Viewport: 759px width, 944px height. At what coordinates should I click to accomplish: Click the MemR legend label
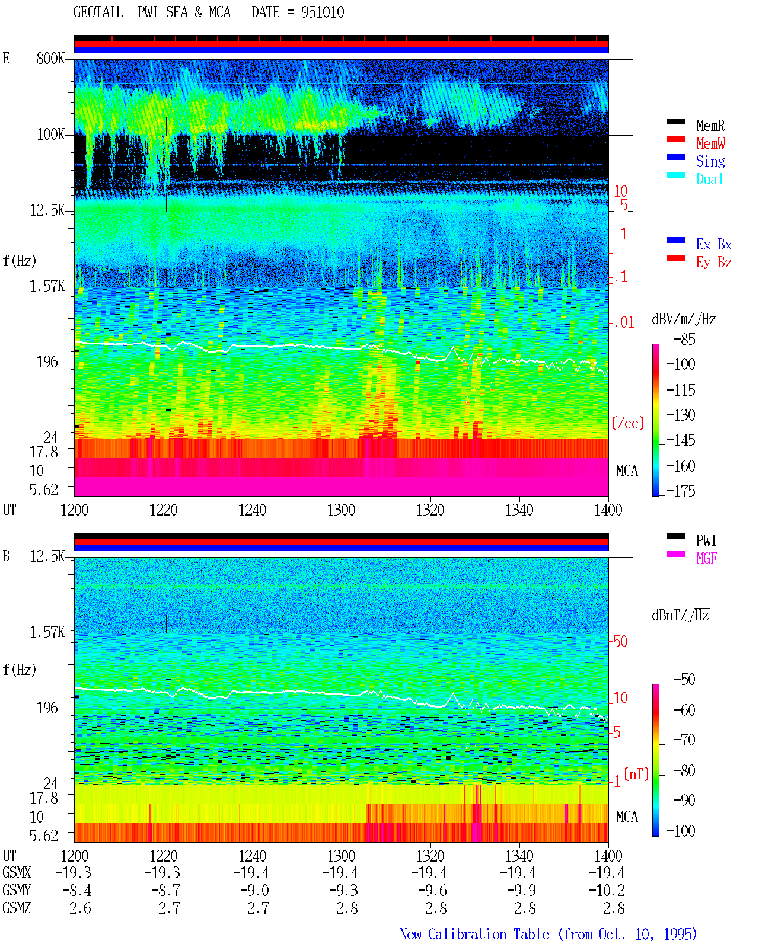[710, 126]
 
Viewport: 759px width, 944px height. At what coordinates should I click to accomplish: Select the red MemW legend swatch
[675, 139]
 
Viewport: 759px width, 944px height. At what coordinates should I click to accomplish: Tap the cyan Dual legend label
[709, 179]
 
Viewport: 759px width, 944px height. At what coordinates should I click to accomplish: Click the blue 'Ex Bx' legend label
[713, 244]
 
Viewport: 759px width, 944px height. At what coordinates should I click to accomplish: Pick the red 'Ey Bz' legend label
[713, 262]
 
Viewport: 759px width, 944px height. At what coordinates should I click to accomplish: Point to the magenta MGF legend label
[706, 558]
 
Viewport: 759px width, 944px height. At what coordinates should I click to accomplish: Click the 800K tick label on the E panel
[50, 58]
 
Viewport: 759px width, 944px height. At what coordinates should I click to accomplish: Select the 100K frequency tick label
[50, 135]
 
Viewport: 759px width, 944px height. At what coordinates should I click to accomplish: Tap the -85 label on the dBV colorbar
[684, 339]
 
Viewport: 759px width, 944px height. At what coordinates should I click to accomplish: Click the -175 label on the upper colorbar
[681, 491]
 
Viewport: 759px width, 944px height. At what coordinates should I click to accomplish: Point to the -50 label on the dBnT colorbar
[684, 680]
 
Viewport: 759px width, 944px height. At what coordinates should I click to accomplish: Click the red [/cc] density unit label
[628, 423]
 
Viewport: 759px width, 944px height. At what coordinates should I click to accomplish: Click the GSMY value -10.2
[607, 891]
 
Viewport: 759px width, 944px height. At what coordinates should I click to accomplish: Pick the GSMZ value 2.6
[80, 908]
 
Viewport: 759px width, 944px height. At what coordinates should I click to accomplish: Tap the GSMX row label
[17, 872]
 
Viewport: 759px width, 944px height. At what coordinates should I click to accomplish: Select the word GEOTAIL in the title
[98, 12]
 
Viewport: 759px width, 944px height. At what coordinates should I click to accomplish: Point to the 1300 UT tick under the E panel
[341, 510]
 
